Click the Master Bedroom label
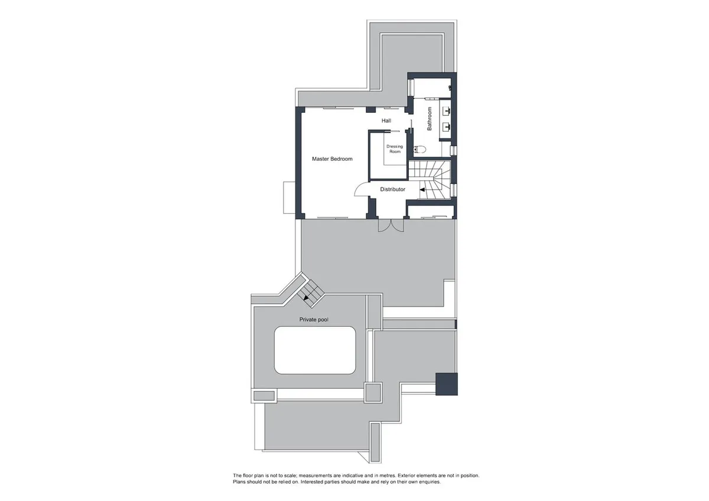click(332, 159)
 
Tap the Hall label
click(386, 121)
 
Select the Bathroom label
click(430, 119)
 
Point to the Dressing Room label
click(395, 149)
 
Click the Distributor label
click(392, 189)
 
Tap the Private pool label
click(314, 320)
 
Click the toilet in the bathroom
click(420, 149)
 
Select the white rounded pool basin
click(315, 350)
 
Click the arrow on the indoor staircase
click(422, 189)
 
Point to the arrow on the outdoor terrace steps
click(306, 298)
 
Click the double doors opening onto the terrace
click(391, 225)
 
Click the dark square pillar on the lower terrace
click(447, 384)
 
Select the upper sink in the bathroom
click(447, 110)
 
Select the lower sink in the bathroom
click(447, 127)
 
